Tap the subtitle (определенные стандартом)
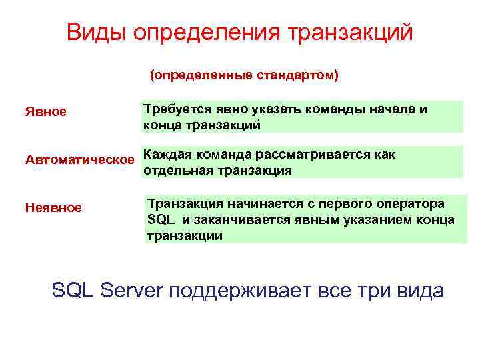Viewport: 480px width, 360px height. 243,76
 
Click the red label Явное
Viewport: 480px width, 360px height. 46,111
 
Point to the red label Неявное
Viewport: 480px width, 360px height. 53,208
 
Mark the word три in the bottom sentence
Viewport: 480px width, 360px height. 377,291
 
